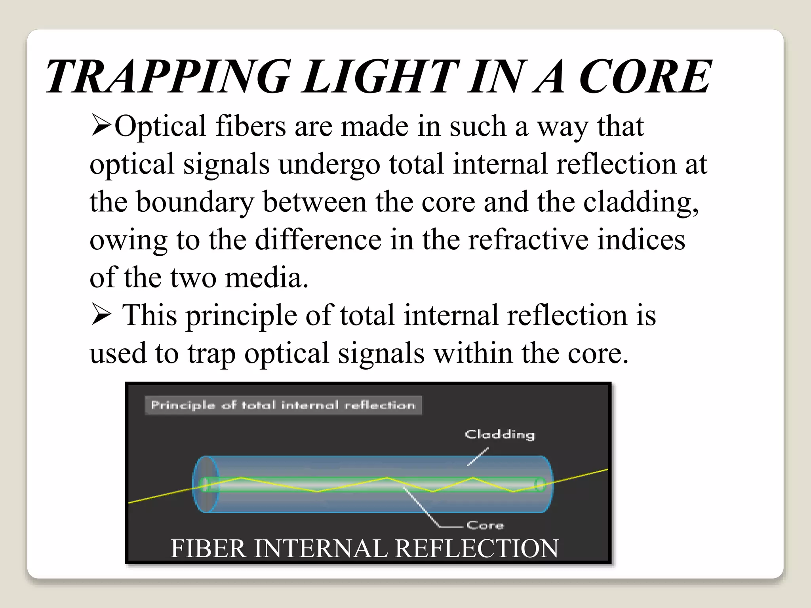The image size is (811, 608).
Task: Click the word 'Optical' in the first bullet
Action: pyautogui.click(x=160, y=127)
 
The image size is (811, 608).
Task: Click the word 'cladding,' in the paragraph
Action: pyautogui.click(x=641, y=202)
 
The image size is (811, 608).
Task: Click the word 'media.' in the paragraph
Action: pyautogui.click(x=267, y=277)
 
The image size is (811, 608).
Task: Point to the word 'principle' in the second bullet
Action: pyautogui.click(x=241, y=316)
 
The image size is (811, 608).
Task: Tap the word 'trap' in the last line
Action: pyautogui.click(x=211, y=353)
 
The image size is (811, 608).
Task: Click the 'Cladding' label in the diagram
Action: pyautogui.click(x=500, y=434)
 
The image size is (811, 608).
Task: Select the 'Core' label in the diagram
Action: pyautogui.click(x=485, y=525)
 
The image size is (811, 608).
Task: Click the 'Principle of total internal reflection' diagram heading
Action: pyautogui.click(x=283, y=405)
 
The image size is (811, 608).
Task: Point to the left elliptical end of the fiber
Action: pyautogui.click(x=206, y=484)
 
